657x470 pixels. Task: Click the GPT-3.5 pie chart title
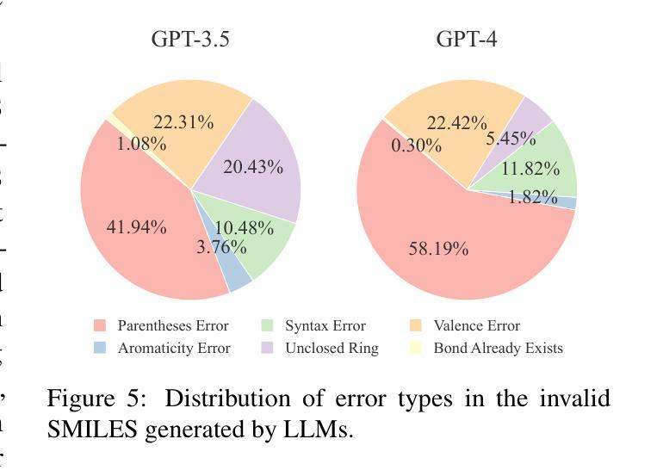[190, 39]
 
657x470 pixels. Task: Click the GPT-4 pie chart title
[466, 39]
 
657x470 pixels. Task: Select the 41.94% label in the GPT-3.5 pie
[136, 227]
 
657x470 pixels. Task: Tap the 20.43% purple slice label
[252, 167]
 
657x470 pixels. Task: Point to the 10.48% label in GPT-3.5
[244, 228]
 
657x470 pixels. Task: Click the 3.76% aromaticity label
[220, 248]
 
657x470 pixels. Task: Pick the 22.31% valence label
[183, 122]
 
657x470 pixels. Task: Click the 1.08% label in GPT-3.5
[141, 144]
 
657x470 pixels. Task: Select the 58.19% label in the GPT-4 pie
[438, 250]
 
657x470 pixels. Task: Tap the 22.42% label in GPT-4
[456, 123]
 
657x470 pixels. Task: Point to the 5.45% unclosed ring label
[511, 139]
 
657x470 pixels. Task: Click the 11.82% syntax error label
[530, 169]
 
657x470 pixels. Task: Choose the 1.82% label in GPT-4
[532, 197]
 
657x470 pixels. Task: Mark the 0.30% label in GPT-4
[416, 145]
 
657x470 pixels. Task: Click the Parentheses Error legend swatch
[100, 326]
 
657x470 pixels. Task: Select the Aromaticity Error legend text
[174, 349]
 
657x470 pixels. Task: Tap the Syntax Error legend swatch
[268, 326]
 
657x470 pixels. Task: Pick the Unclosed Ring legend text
[332, 349]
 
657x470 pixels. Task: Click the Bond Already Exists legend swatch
[416, 349]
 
